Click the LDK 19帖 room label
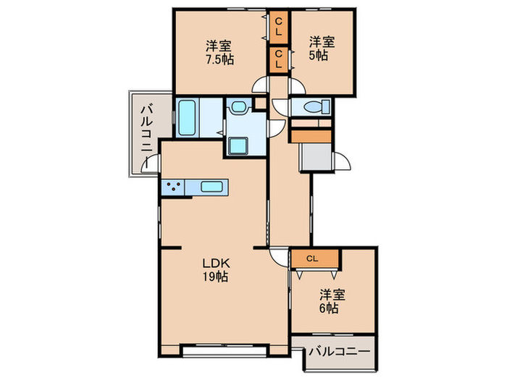pyautogui.click(x=215, y=269)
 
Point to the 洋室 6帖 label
pyautogui.click(x=333, y=300)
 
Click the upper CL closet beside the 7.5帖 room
pyautogui.click(x=278, y=28)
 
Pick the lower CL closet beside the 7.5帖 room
pyautogui.click(x=278, y=59)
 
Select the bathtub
pyautogui.click(x=187, y=117)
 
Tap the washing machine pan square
pyautogui.click(x=238, y=145)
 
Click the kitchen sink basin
pyautogui.click(x=212, y=187)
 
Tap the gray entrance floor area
pyautogui.click(x=313, y=156)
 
